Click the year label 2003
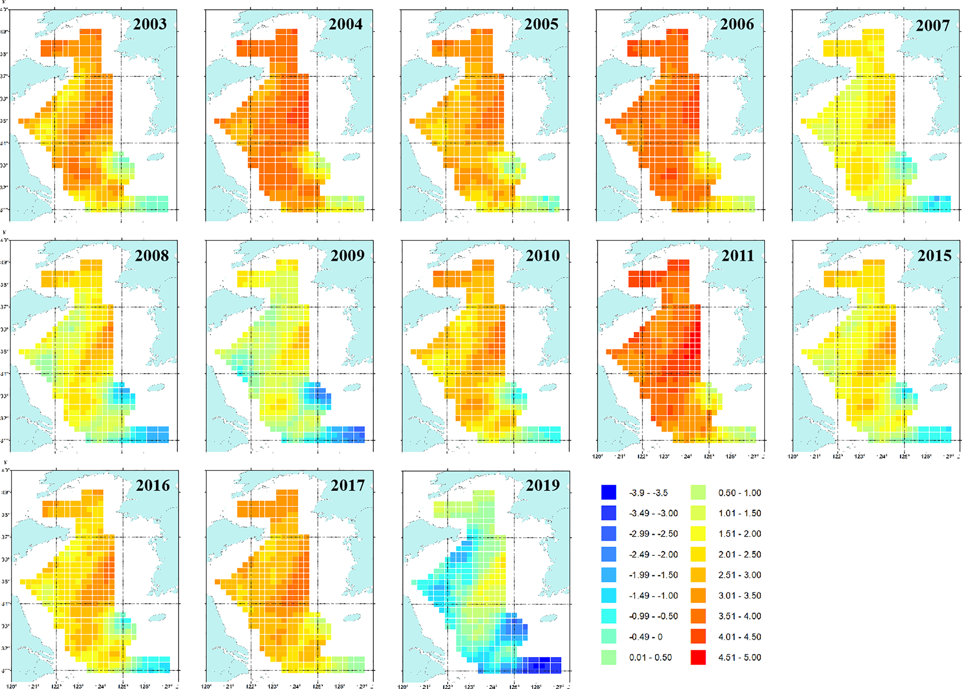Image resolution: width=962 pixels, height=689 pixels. click(x=150, y=24)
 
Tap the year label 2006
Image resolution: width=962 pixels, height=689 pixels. click(x=737, y=24)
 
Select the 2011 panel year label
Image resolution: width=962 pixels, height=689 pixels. click(x=738, y=256)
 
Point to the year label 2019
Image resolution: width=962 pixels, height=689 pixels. click(x=543, y=485)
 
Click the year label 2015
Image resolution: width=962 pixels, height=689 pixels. click(x=934, y=256)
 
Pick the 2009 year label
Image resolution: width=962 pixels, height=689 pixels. click(x=347, y=256)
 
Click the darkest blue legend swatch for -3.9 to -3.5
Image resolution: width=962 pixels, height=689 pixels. click(x=608, y=493)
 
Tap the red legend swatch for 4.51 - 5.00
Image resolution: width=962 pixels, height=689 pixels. click(x=698, y=657)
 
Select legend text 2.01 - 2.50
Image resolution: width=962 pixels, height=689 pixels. click(x=739, y=554)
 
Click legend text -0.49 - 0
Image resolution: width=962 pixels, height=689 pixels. click(x=645, y=637)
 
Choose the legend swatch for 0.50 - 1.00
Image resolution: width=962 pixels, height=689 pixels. click(x=698, y=493)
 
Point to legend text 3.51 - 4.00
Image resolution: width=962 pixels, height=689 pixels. click(x=739, y=616)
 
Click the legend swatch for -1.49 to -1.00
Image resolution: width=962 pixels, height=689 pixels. click(x=608, y=595)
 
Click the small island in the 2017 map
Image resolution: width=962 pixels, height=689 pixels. click(x=352, y=618)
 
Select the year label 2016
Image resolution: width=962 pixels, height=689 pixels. click(x=153, y=485)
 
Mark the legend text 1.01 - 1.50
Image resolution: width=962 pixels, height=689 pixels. click(x=739, y=513)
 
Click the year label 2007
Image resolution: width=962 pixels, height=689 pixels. click(x=932, y=25)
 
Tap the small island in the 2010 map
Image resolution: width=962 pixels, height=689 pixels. click(x=548, y=388)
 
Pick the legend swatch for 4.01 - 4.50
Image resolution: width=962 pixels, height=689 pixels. click(x=698, y=636)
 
